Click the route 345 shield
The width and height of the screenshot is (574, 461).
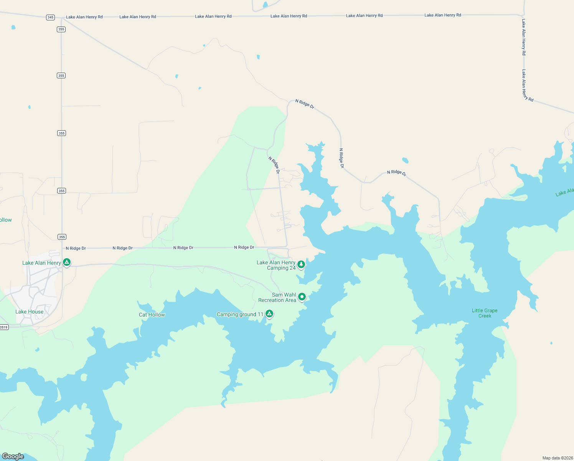click(x=50, y=17)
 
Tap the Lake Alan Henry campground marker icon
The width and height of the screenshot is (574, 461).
click(x=67, y=262)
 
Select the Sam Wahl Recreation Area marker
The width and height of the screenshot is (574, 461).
click(x=302, y=297)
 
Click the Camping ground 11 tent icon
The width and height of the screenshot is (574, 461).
click(x=269, y=314)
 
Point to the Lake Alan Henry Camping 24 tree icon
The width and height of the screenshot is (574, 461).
click(x=301, y=264)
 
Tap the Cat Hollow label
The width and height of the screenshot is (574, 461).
click(x=152, y=315)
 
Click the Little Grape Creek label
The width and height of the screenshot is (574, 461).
click(x=485, y=313)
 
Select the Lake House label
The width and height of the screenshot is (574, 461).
click(x=30, y=312)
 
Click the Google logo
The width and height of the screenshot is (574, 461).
click(x=13, y=456)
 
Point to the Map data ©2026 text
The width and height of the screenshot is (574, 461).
click(x=557, y=458)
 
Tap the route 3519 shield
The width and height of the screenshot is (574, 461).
click(x=3, y=327)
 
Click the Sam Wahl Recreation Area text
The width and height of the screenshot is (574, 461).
click(x=277, y=298)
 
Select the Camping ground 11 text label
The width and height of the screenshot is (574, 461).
click(x=240, y=314)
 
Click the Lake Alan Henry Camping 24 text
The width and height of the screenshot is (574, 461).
click(x=276, y=265)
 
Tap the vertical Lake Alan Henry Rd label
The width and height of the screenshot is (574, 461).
click(x=524, y=37)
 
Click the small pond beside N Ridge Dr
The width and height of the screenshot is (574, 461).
click(x=405, y=160)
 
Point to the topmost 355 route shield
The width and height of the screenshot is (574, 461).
click(x=61, y=29)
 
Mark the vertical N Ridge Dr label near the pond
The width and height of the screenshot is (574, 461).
click(x=341, y=158)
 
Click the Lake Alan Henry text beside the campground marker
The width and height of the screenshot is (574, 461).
click(x=41, y=263)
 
